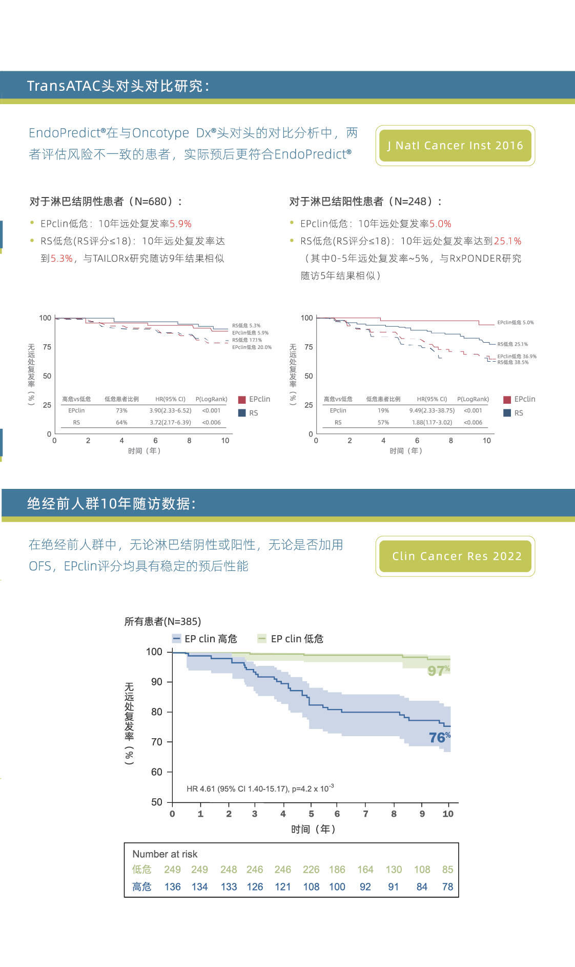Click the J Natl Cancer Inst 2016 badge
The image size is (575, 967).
(455, 146)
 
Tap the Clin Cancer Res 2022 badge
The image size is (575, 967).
(456, 556)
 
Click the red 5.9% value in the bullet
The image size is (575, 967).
(180, 224)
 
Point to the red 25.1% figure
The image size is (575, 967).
(507, 241)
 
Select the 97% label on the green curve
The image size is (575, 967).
(439, 670)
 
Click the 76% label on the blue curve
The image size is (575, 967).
(440, 737)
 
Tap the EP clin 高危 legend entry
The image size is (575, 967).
(205, 639)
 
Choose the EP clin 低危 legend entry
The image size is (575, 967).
(291, 639)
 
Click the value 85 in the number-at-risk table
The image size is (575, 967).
(447, 870)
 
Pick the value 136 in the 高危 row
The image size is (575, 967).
(173, 887)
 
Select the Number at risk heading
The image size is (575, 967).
(165, 854)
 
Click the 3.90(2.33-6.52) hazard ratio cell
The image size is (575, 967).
(170, 410)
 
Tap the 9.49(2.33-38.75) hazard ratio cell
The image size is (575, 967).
(432, 410)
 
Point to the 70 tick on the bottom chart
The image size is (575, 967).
(156, 742)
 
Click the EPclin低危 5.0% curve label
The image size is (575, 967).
(515, 323)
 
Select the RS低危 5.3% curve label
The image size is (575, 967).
(246, 326)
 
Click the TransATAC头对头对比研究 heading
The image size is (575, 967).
(118, 86)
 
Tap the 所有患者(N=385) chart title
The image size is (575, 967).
(162, 622)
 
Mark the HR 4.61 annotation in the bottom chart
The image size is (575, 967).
(260, 788)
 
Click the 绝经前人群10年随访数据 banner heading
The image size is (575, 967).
(111, 504)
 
